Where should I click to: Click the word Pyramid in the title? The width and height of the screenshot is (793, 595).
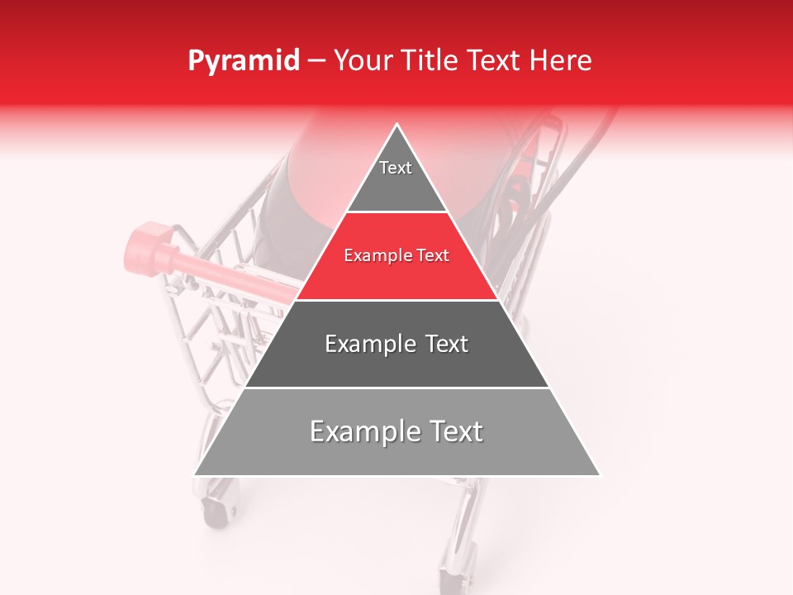(x=243, y=61)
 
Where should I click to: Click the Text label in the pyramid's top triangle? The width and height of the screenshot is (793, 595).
(x=396, y=168)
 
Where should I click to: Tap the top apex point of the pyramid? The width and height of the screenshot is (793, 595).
(x=397, y=125)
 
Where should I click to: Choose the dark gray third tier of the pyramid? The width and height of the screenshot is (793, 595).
(x=397, y=364)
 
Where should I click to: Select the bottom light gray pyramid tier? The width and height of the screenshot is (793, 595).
(x=397, y=455)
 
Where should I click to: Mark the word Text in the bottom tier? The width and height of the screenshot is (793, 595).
(x=456, y=431)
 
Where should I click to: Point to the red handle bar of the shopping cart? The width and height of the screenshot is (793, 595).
(x=240, y=277)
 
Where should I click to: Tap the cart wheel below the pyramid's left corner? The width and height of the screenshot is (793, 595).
(x=216, y=504)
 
